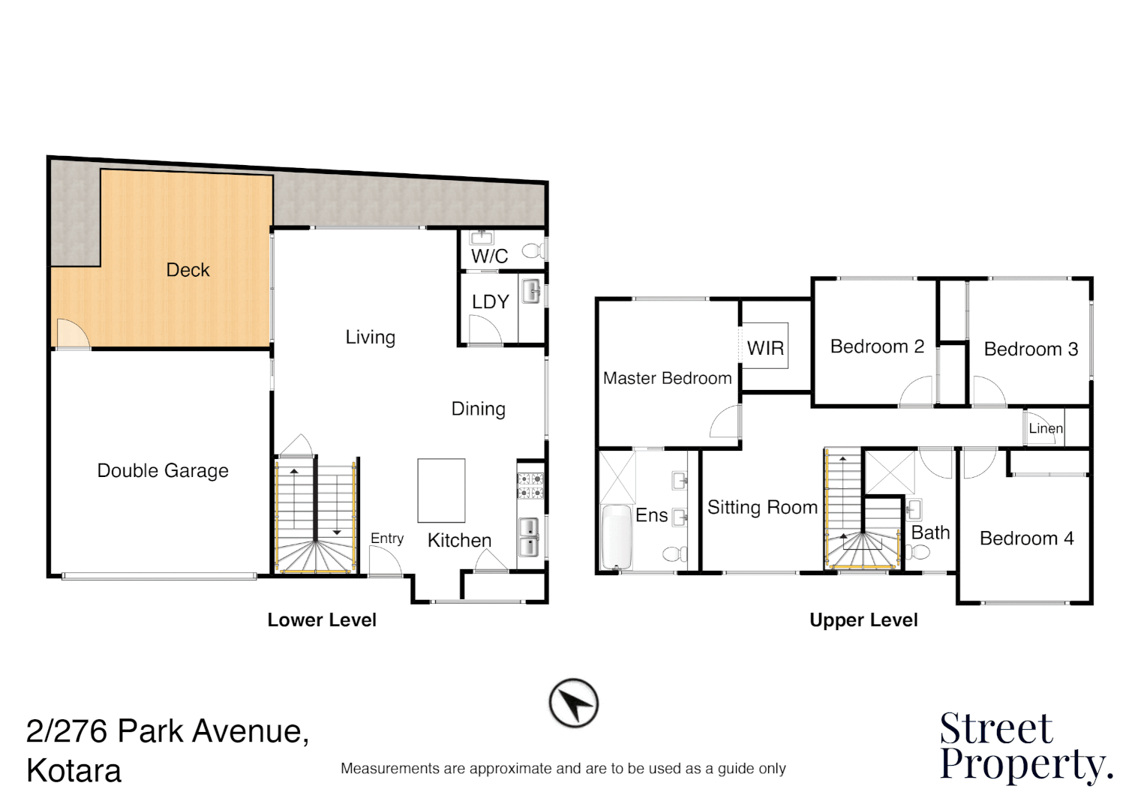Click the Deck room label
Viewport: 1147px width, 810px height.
188,270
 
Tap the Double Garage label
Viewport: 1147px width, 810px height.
163,471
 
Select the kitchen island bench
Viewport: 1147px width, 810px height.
441,490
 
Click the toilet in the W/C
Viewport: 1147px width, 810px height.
534,250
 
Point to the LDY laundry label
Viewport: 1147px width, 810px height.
491,302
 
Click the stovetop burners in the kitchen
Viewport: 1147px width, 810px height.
530,485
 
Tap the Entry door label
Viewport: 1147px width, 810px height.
387,538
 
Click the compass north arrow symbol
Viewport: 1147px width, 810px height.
573,703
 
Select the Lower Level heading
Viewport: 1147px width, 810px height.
322,620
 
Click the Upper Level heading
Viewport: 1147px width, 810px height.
863,620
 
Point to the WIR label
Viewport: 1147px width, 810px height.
765,349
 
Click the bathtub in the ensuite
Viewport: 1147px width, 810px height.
617,537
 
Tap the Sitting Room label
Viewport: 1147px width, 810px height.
762,508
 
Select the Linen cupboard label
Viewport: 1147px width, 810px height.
1046,428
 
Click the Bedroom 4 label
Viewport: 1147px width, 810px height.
1026,538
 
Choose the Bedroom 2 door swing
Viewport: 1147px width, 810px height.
917,392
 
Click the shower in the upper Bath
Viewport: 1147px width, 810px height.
890,472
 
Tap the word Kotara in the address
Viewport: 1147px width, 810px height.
74,771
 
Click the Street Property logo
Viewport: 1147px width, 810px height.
1025,747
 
